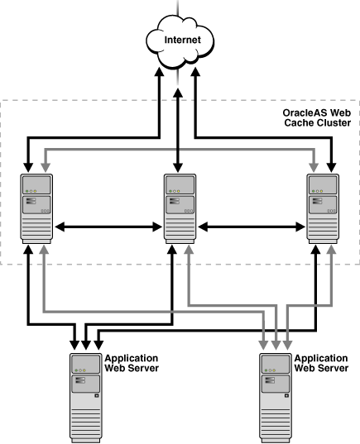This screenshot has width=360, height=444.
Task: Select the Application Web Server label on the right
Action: pyautogui.click(x=321, y=363)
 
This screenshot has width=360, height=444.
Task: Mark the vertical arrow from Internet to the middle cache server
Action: pyautogui.click(x=179, y=124)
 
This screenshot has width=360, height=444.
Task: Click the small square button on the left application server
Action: pyautogui.click(x=97, y=395)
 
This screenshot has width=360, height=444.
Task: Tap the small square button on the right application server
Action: pyautogui.click(x=286, y=395)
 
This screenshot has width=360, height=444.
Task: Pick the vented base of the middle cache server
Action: pyautogui.click(x=179, y=232)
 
